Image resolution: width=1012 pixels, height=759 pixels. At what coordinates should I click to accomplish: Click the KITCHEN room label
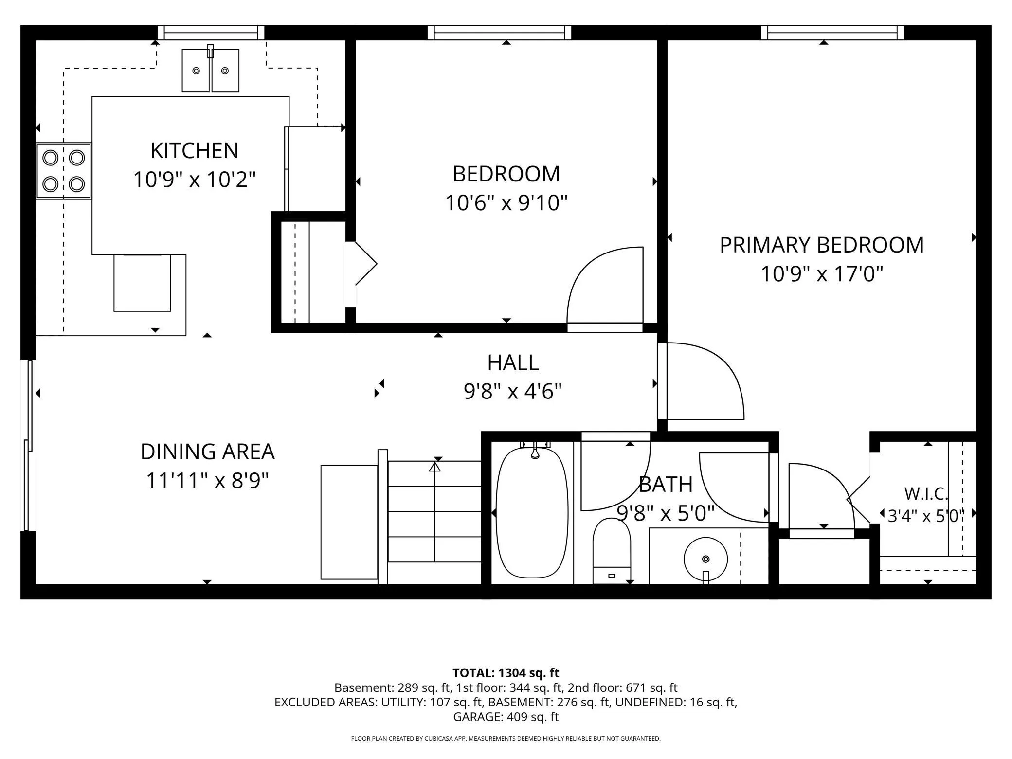coord(194,151)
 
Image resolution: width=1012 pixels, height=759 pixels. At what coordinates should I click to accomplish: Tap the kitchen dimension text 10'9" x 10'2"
coord(194,179)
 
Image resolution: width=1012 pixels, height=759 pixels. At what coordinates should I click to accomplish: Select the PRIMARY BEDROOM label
coord(821,245)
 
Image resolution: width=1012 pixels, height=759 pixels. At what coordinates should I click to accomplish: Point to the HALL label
coord(513,363)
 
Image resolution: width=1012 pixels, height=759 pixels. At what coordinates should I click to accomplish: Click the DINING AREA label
coord(207,452)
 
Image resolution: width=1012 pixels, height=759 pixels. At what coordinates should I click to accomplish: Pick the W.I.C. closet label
coord(926,494)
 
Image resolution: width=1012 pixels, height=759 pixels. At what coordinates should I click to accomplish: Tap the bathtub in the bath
coord(532,512)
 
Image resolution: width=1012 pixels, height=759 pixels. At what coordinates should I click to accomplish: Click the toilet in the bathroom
coord(612,551)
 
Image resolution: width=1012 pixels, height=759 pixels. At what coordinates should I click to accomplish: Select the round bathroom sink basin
coord(705,559)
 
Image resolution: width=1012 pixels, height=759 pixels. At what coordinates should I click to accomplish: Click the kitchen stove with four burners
coord(64,171)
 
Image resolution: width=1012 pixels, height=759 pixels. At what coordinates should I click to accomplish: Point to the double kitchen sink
coord(211,70)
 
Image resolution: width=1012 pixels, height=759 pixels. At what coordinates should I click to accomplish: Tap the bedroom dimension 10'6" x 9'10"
coord(506,202)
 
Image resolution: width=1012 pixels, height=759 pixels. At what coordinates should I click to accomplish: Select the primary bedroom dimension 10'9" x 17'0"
coord(821,273)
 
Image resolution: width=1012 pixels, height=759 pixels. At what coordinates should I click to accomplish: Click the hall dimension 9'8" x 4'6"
coord(513,391)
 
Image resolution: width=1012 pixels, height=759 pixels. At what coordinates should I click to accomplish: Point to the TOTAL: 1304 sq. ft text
coord(506,673)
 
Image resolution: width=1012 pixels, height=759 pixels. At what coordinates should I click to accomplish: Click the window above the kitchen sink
coord(211,33)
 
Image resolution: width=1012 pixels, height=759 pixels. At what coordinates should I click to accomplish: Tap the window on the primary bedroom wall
coord(832,33)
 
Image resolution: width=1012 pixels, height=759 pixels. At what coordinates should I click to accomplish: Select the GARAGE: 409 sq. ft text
coord(506,717)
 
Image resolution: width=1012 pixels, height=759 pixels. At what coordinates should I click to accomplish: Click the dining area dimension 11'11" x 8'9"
coord(207,481)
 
